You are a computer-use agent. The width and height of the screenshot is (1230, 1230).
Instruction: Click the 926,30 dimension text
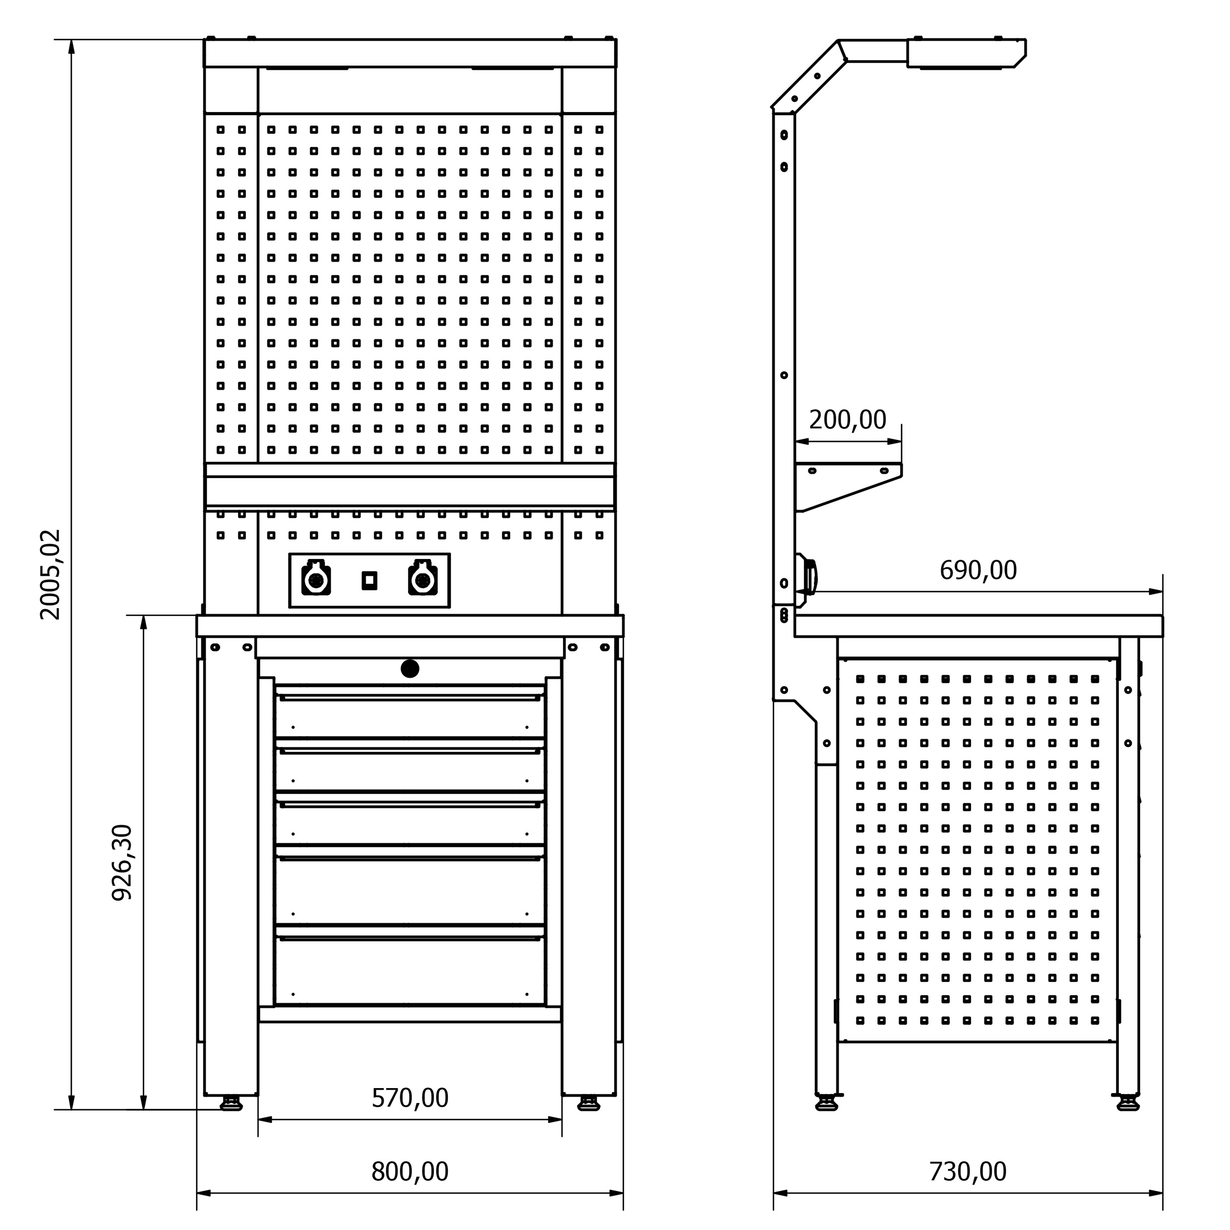[x=122, y=862]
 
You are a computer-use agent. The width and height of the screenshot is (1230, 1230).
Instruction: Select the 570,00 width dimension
[x=410, y=1098]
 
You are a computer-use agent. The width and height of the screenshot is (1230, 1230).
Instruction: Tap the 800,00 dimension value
[x=410, y=1171]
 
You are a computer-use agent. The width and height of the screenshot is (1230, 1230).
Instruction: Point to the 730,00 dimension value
[x=968, y=1171]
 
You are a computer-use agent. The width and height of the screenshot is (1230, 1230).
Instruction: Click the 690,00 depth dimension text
[x=978, y=570]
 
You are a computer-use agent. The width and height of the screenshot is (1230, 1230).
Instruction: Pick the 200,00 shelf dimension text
[x=848, y=420]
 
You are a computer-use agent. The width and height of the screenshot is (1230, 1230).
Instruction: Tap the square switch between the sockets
[x=369, y=581]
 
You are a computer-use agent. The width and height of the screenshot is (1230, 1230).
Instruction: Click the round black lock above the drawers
[x=410, y=669]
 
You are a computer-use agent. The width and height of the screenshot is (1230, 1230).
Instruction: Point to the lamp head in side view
[x=965, y=54]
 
